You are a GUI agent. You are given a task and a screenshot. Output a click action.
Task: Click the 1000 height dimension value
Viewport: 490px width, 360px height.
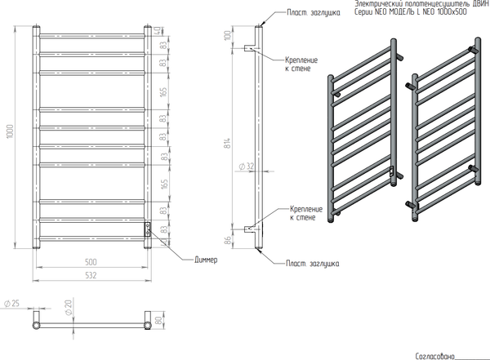11,132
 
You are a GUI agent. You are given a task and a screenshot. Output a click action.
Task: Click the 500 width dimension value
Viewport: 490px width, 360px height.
91,261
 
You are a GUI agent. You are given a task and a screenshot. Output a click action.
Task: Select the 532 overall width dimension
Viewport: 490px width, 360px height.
91,275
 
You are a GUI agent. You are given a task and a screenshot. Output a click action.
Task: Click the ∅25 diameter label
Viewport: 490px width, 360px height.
12,304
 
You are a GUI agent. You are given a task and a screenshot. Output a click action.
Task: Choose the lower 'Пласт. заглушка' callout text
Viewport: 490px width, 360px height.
313,264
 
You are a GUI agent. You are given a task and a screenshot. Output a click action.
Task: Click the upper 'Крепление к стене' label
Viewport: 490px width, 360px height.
301,64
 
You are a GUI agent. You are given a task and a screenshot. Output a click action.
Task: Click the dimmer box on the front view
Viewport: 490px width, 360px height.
148,229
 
